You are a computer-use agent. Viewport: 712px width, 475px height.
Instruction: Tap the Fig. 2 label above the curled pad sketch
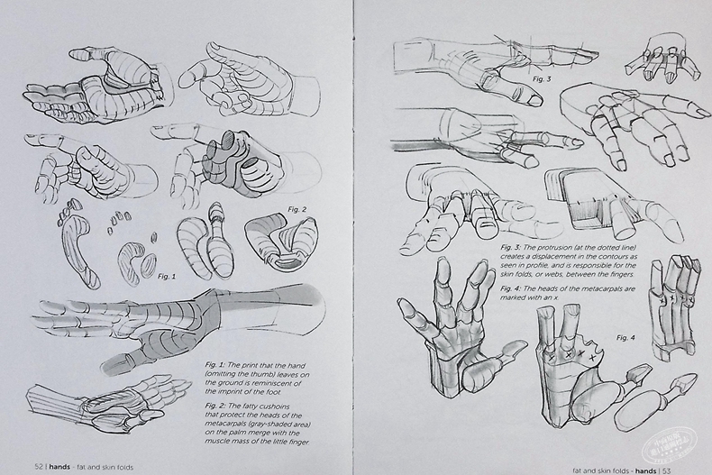click(298, 210)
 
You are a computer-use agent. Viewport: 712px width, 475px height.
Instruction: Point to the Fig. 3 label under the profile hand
click(542, 79)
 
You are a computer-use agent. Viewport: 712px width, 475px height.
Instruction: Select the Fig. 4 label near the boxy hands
click(626, 337)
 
